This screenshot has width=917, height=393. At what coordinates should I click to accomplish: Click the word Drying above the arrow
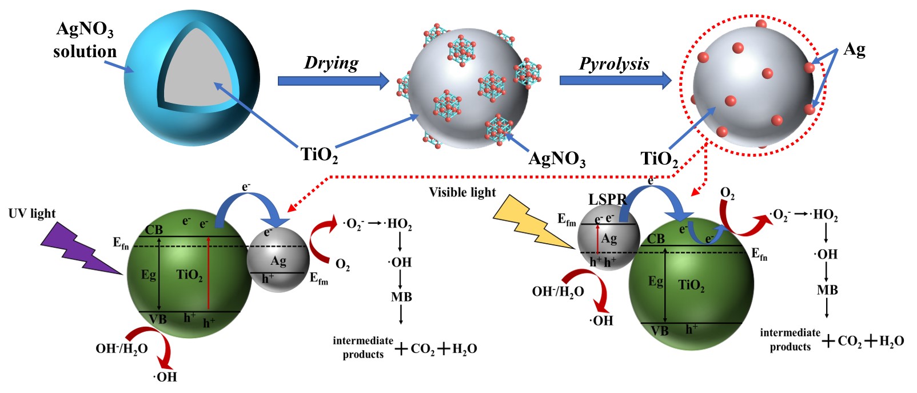(331, 62)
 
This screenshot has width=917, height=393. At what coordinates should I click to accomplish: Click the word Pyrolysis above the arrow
(614, 63)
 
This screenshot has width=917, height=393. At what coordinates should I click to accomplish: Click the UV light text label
(32, 213)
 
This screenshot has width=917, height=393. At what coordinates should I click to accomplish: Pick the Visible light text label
(463, 192)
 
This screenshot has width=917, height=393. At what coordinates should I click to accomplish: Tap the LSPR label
(607, 199)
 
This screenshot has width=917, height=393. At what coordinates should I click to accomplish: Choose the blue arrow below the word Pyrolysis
(615, 80)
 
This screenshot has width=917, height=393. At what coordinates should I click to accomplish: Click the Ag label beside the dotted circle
(854, 49)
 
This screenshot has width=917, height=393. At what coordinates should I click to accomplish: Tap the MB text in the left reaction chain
(401, 297)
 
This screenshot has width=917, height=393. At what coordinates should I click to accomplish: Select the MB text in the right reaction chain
(827, 290)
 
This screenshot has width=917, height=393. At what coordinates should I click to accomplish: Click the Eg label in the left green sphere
(149, 275)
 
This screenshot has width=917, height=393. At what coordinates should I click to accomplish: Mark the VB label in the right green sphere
(659, 331)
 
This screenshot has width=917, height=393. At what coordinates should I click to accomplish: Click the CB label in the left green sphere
(154, 230)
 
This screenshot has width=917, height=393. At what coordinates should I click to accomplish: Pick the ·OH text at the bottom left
(165, 377)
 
